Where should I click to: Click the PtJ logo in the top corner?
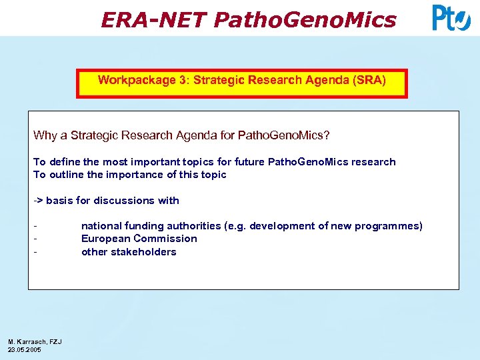pos(451,18)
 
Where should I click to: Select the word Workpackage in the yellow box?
pos(137,80)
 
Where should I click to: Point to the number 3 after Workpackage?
pos(183,80)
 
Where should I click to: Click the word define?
pos(65,162)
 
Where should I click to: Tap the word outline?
pos(67,175)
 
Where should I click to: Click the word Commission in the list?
pos(165,239)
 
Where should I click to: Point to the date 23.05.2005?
pos(24,350)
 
